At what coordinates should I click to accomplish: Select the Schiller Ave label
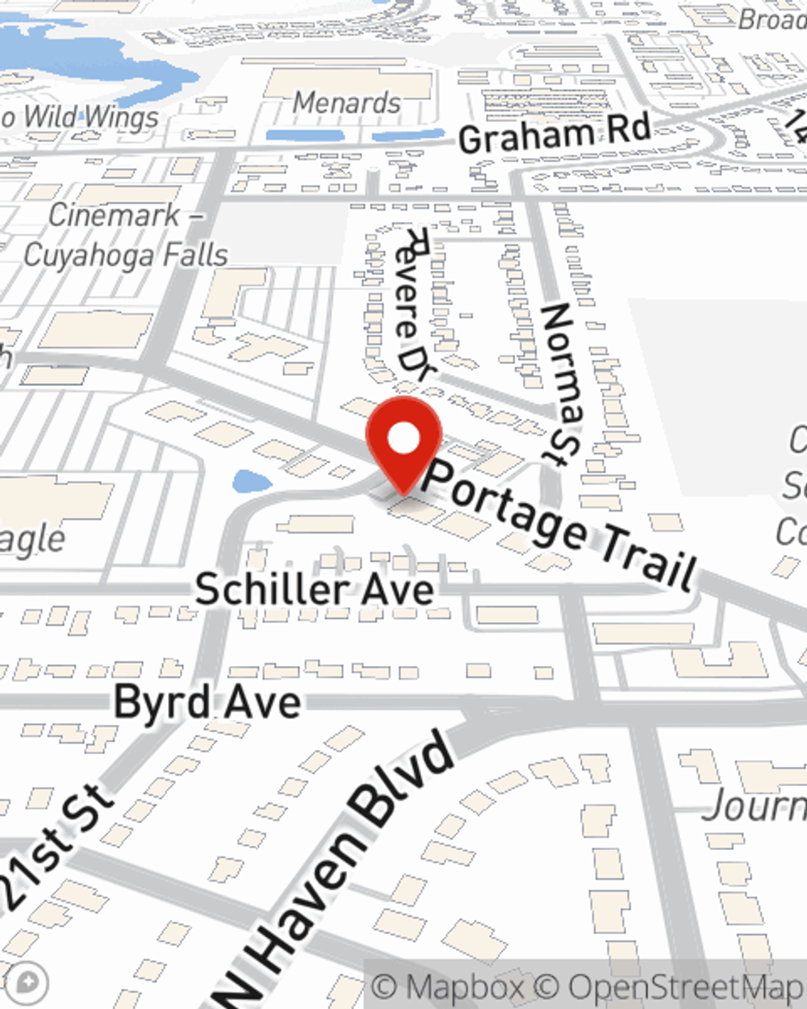[314, 588]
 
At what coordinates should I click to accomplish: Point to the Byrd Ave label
[207, 701]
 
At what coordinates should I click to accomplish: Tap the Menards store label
[346, 103]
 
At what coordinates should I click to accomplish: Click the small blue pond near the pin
[252, 483]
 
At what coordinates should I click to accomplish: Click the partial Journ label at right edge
[755, 806]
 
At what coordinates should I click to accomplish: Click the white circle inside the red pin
[403, 439]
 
